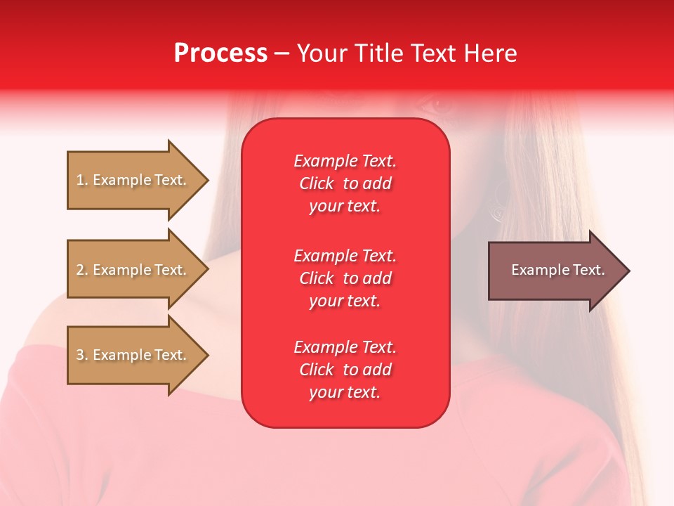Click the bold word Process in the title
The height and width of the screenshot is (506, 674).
(x=220, y=53)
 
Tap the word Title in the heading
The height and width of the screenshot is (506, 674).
(x=379, y=53)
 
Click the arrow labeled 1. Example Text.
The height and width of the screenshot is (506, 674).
(x=133, y=180)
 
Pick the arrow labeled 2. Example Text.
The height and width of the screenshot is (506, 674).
(x=133, y=270)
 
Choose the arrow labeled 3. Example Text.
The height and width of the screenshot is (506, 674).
(x=133, y=355)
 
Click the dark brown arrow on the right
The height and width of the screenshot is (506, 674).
(x=555, y=271)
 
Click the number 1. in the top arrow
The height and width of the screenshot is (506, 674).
(x=82, y=180)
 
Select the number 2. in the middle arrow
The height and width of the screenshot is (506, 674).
(x=82, y=270)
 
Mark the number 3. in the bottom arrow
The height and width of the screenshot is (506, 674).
(x=82, y=355)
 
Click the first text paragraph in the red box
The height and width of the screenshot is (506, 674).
(x=345, y=183)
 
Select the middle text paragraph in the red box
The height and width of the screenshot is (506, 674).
(x=345, y=278)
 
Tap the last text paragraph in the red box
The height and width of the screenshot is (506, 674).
(x=345, y=370)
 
